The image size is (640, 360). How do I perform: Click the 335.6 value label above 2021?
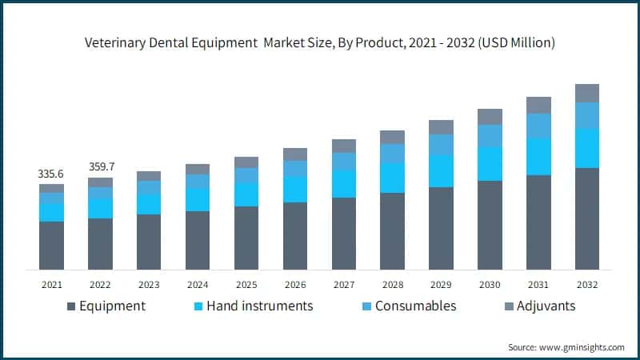click(x=51, y=174)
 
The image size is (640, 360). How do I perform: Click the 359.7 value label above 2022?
click(x=100, y=167)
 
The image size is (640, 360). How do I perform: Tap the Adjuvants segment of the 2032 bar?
click(x=587, y=93)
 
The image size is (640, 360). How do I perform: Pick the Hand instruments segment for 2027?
click(x=343, y=183)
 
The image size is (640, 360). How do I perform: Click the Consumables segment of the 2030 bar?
click(x=490, y=135)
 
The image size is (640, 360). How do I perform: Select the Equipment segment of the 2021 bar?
click(x=51, y=245)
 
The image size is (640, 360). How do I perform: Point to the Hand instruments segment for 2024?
click(x=198, y=200)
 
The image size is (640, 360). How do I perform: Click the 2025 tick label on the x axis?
click(x=246, y=284)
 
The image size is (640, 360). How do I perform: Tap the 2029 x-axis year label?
click(x=441, y=284)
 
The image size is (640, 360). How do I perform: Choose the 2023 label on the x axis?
click(x=149, y=284)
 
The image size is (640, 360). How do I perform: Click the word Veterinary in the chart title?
click(x=116, y=42)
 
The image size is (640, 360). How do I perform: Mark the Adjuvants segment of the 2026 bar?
click(x=295, y=154)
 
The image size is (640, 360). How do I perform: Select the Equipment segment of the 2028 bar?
click(x=392, y=230)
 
